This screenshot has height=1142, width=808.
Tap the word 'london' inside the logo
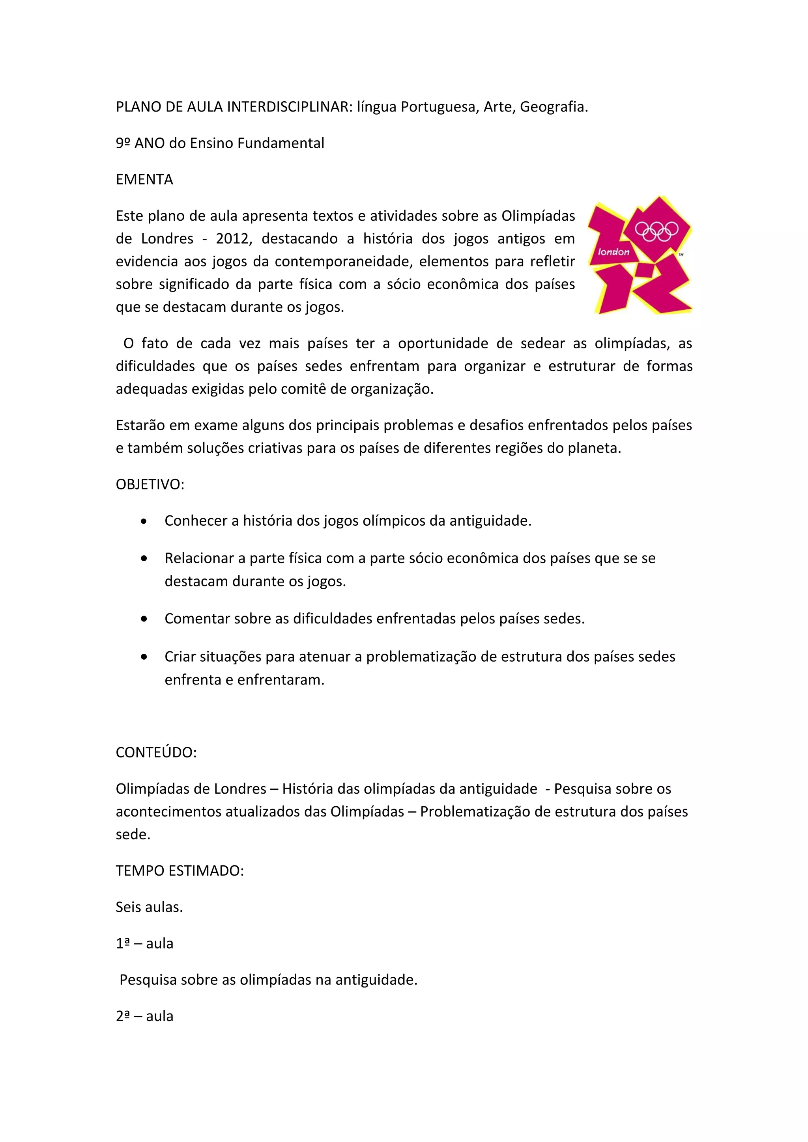click(x=613, y=252)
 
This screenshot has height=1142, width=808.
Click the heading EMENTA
click(x=144, y=180)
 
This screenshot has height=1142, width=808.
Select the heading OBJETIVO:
click(x=150, y=484)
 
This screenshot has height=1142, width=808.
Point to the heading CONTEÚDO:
click(x=156, y=753)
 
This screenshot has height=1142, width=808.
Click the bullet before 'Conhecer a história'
click(x=144, y=521)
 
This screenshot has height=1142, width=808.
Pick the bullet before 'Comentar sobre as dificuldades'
click(x=144, y=619)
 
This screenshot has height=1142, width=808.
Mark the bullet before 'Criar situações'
click(x=144, y=657)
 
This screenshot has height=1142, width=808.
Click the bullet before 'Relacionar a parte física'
click(x=144, y=558)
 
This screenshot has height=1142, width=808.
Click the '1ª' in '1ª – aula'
click(x=123, y=943)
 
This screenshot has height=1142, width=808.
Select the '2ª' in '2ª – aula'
click(x=123, y=1016)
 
